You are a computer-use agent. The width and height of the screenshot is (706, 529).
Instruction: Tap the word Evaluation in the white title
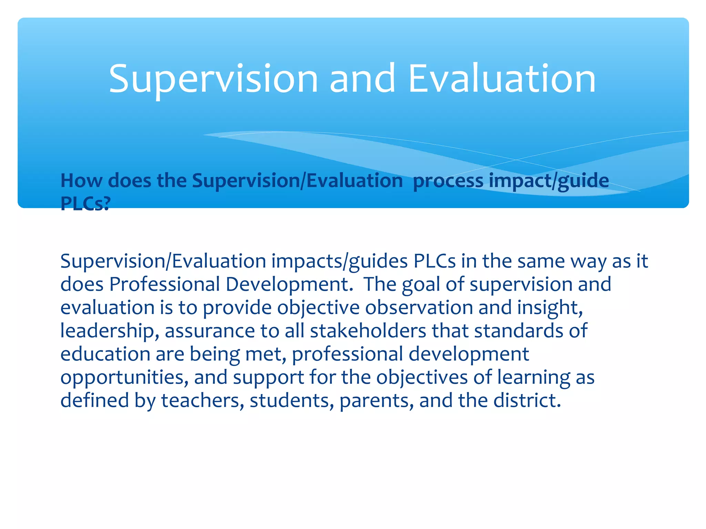[502, 79]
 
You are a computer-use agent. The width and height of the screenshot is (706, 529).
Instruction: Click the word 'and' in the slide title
[362, 79]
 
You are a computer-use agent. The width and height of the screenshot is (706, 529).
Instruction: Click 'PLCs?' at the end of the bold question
[85, 204]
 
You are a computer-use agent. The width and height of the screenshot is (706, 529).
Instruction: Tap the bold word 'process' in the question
[448, 181]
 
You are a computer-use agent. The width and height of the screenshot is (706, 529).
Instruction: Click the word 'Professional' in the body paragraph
[164, 285]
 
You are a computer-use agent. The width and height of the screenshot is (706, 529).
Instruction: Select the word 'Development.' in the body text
[289, 285]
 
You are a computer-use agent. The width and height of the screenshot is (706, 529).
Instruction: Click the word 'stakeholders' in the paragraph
[368, 331]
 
